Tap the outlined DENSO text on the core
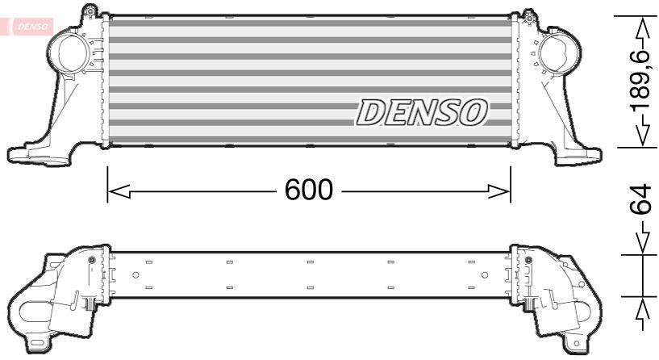(422, 113)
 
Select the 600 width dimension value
(308, 190)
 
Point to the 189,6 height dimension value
(642, 81)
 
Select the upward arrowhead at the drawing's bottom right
(642, 310)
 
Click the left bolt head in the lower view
(91, 260)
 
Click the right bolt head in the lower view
(528, 260)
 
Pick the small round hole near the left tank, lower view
(136, 276)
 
